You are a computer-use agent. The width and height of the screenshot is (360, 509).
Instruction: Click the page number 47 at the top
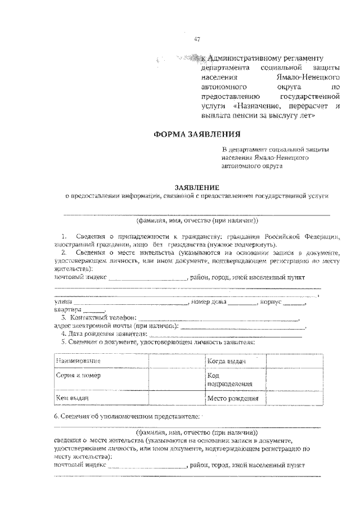click(197, 39)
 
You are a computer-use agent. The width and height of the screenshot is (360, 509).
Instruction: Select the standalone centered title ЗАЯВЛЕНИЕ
click(197, 187)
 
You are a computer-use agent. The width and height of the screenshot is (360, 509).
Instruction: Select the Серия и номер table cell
click(79, 375)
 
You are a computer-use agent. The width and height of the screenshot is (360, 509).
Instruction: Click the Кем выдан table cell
click(73, 398)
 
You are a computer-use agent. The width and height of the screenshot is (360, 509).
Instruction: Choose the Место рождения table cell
click(232, 399)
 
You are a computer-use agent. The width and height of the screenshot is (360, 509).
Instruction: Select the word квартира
click(67, 310)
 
